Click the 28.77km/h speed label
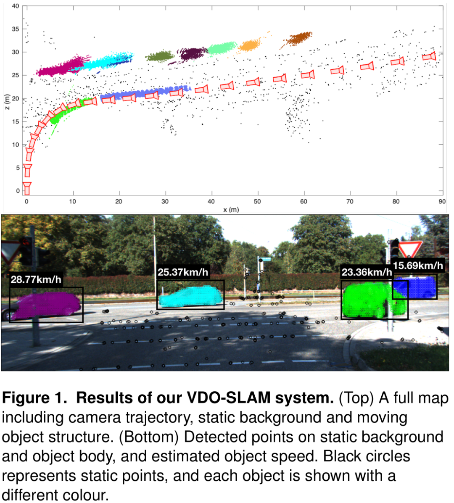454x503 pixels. click(x=36, y=279)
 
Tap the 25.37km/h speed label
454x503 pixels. click(x=183, y=272)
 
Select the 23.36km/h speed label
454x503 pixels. click(x=367, y=272)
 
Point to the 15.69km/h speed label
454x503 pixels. click(x=418, y=266)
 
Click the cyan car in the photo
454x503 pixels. click(x=190, y=296)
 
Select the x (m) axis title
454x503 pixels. click(x=231, y=209)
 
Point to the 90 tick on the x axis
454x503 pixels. click(x=442, y=202)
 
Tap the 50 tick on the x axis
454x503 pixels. click(x=257, y=202)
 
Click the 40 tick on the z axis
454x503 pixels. click(x=16, y=6)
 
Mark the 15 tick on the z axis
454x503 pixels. click(x=16, y=122)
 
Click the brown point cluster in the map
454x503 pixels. click(x=298, y=38)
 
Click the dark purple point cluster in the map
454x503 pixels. click(x=191, y=54)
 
